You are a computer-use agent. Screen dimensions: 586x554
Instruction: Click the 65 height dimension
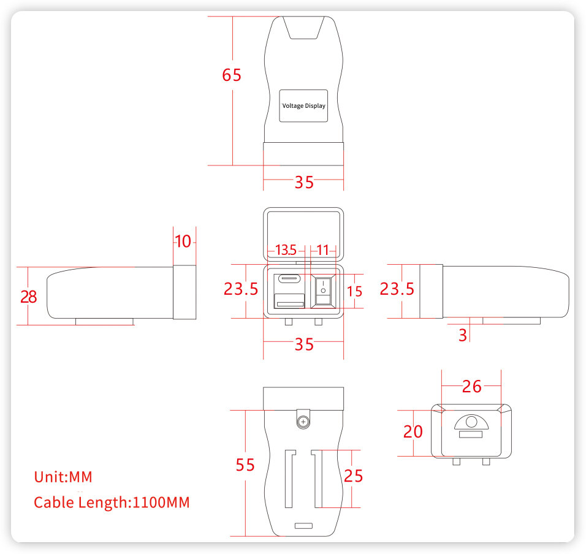point(231,75)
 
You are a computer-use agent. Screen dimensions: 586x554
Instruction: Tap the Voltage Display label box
point(303,106)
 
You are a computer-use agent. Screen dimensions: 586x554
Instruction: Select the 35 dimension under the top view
point(304,182)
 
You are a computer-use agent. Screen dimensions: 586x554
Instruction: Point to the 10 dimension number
point(183,241)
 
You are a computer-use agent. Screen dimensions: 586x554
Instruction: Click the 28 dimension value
point(28,297)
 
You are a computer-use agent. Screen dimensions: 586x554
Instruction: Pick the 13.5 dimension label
point(286,250)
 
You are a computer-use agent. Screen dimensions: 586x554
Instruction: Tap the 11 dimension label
point(322,250)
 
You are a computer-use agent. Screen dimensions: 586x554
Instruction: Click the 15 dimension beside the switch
point(354,291)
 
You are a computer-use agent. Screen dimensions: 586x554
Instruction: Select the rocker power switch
point(323,290)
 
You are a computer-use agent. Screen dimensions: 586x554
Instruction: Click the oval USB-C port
point(289,279)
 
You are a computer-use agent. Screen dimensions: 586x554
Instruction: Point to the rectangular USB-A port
point(289,300)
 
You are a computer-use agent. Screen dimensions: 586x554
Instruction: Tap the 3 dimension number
point(463,335)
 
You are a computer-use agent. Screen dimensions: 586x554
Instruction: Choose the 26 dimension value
point(471,387)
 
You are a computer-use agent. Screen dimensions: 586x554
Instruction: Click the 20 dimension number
point(413,432)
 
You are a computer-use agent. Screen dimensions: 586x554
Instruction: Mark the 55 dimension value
point(245,465)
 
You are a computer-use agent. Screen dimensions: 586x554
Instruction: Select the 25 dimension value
point(353,476)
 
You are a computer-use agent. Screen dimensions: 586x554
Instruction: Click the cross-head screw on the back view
point(303,422)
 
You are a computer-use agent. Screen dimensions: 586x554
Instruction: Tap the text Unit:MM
point(63,477)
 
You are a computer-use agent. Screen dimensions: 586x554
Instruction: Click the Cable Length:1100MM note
point(112,503)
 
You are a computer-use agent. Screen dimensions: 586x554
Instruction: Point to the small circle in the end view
point(471,422)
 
